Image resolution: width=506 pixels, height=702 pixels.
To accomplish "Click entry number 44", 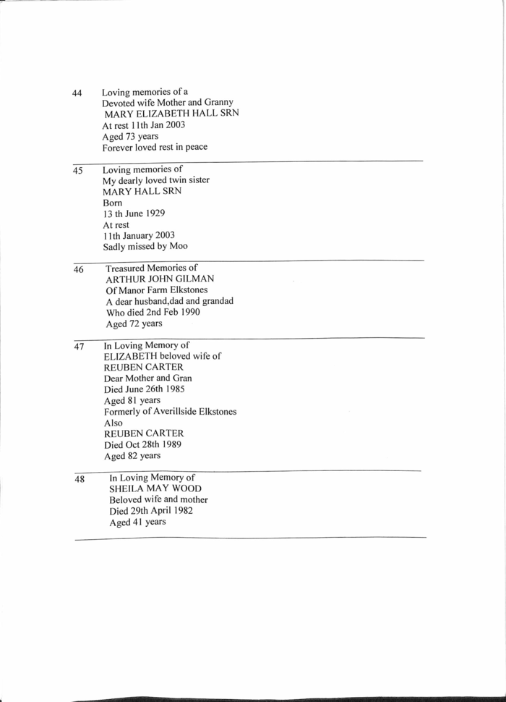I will point(77,93).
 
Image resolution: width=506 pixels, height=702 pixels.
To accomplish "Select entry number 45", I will point(77,172).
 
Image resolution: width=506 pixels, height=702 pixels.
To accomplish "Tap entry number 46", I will point(78,270).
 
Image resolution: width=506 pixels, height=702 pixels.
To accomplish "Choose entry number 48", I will point(80,479).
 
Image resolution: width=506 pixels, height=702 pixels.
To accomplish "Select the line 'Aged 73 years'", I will point(130,136).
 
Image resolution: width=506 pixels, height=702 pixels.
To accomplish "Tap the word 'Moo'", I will point(179,246).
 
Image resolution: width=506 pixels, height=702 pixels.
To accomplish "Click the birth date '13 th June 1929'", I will point(136,213).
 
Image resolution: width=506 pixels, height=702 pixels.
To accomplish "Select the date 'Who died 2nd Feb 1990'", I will point(153,313).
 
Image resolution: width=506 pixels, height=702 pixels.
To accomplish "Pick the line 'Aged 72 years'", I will point(134,323).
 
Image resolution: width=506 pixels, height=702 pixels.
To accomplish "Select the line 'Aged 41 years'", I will point(137,522).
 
